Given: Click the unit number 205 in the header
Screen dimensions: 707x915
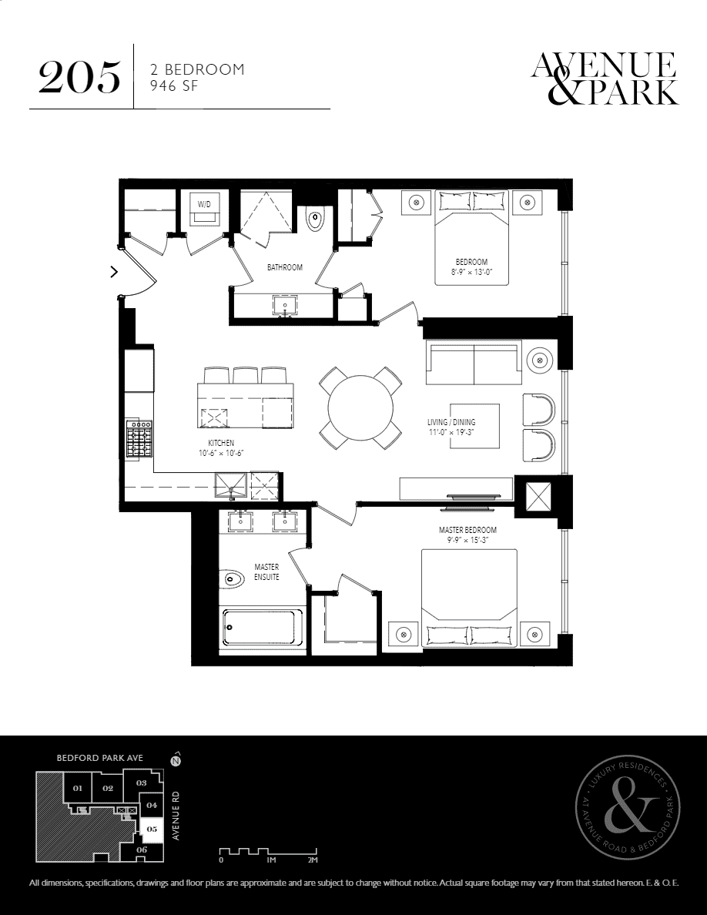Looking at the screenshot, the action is (x=80, y=77).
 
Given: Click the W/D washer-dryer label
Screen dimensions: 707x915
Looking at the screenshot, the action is (x=204, y=204).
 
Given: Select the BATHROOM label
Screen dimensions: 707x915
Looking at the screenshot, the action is (x=285, y=267).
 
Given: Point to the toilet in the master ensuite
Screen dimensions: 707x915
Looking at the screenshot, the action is (x=234, y=581).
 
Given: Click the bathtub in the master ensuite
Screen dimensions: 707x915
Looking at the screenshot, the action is (x=263, y=627).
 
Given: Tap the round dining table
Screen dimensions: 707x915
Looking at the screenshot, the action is (x=360, y=408).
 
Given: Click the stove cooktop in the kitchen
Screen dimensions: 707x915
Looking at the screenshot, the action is (x=140, y=438).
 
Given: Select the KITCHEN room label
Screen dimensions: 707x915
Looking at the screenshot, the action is (x=221, y=444).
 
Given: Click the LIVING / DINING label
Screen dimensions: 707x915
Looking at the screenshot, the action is (x=451, y=422).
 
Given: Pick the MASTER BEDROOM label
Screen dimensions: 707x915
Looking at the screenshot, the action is (x=467, y=530).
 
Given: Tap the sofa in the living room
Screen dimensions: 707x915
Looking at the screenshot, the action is (x=474, y=364).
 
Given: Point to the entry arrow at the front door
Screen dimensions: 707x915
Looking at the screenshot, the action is (x=114, y=271).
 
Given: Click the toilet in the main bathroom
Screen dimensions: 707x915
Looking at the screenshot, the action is (x=315, y=220).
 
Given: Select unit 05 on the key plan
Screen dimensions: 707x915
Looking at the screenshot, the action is (x=152, y=829).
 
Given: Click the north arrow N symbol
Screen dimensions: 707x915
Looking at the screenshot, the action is (x=174, y=760).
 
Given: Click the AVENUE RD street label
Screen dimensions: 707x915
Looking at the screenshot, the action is (x=176, y=815).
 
